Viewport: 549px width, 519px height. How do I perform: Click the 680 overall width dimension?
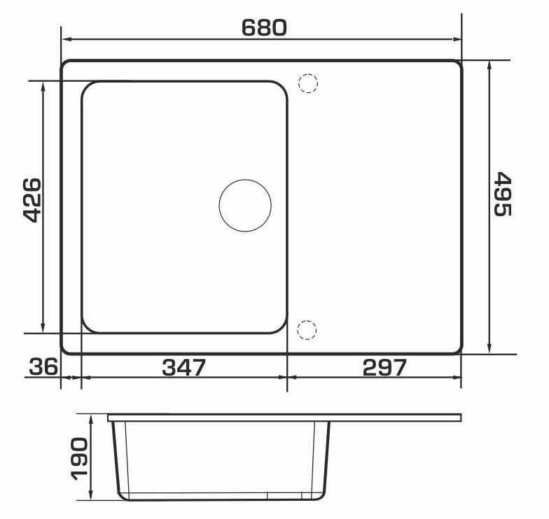pos(265,28)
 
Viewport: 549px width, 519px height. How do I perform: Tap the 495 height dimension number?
pos(503,194)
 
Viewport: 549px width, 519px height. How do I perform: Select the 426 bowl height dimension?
pos(32,200)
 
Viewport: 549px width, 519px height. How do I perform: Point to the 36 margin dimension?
pos(43,367)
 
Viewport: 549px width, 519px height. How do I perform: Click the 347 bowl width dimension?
pos(183,367)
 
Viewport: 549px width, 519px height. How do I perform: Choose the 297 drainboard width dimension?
pos(384,367)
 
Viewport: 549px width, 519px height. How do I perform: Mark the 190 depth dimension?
pos(78,459)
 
